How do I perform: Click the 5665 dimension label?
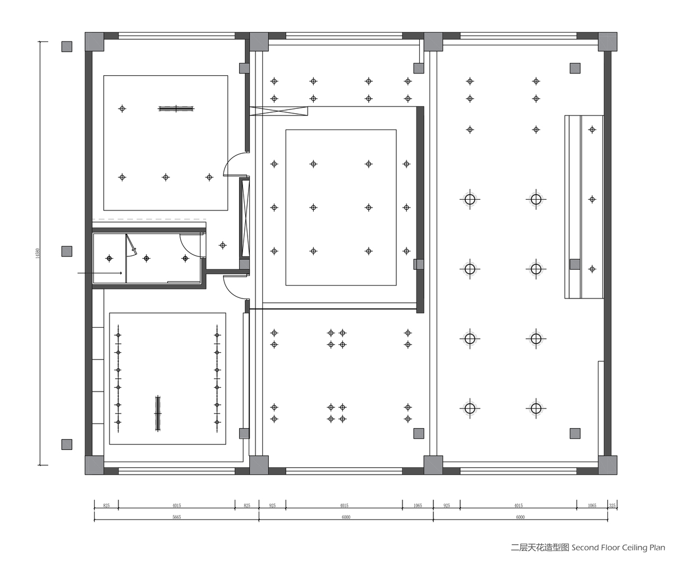pos(176,517)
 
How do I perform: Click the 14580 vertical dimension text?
pos(38,254)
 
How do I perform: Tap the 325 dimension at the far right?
pos(612,505)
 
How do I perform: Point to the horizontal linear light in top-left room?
pos(176,109)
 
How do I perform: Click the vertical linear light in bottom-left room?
pos(158,413)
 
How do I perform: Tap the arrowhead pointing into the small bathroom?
pos(120,273)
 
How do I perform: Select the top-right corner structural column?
pos(607,42)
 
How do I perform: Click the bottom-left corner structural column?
pos(94,465)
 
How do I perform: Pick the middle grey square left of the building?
pos(67,251)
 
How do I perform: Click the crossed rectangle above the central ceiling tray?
pos(279,111)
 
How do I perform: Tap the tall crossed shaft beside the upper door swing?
pos(244,218)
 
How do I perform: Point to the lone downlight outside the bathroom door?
pos(223,246)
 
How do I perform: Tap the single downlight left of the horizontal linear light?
pos(122,109)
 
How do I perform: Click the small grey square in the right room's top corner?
pos(575,68)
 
